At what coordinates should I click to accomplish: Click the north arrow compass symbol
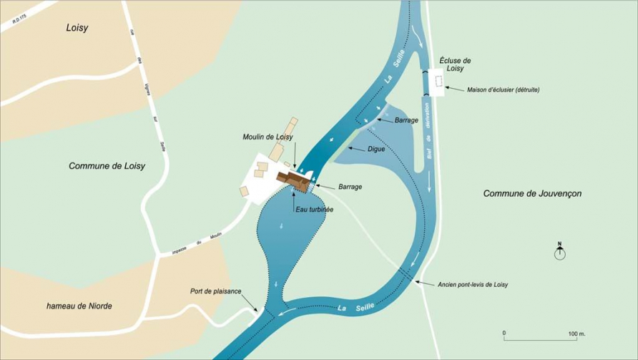[x=560, y=251]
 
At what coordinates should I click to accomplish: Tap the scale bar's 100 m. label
[x=577, y=334]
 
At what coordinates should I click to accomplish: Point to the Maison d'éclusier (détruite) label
[x=503, y=90]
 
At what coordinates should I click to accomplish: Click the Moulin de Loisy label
[x=268, y=137]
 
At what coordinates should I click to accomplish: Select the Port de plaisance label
[x=215, y=291]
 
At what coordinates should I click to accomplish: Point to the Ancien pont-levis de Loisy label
[x=478, y=284]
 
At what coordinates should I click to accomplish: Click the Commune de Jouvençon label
[x=532, y=193]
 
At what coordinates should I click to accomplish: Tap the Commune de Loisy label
[x=107, y=165]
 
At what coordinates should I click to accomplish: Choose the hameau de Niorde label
[x=79, y=306]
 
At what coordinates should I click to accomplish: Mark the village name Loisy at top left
[x=77, y=29]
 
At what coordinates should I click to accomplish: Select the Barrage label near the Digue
[x=406, y=120]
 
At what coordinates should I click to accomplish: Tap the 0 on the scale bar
[x=504, y=334]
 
